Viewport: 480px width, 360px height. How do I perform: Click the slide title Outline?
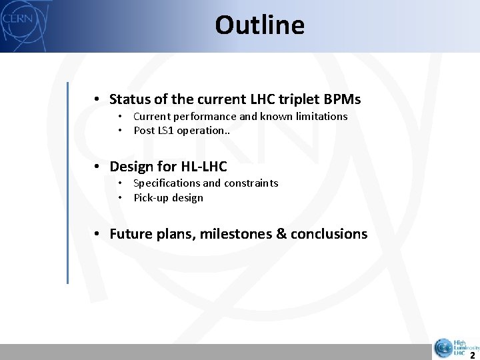click(x=259, y=25)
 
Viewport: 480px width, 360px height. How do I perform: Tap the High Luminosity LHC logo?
click(x=455, y=347)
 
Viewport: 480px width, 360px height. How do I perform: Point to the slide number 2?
click(x=472, y=355)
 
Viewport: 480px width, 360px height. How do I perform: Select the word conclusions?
click(x=329, y=234)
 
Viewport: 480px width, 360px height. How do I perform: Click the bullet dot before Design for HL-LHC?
click(x=97, y=167)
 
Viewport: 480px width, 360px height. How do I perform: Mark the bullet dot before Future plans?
click(x=97, y=234)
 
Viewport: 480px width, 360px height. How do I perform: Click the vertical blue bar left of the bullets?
click(x=67, y=183)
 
